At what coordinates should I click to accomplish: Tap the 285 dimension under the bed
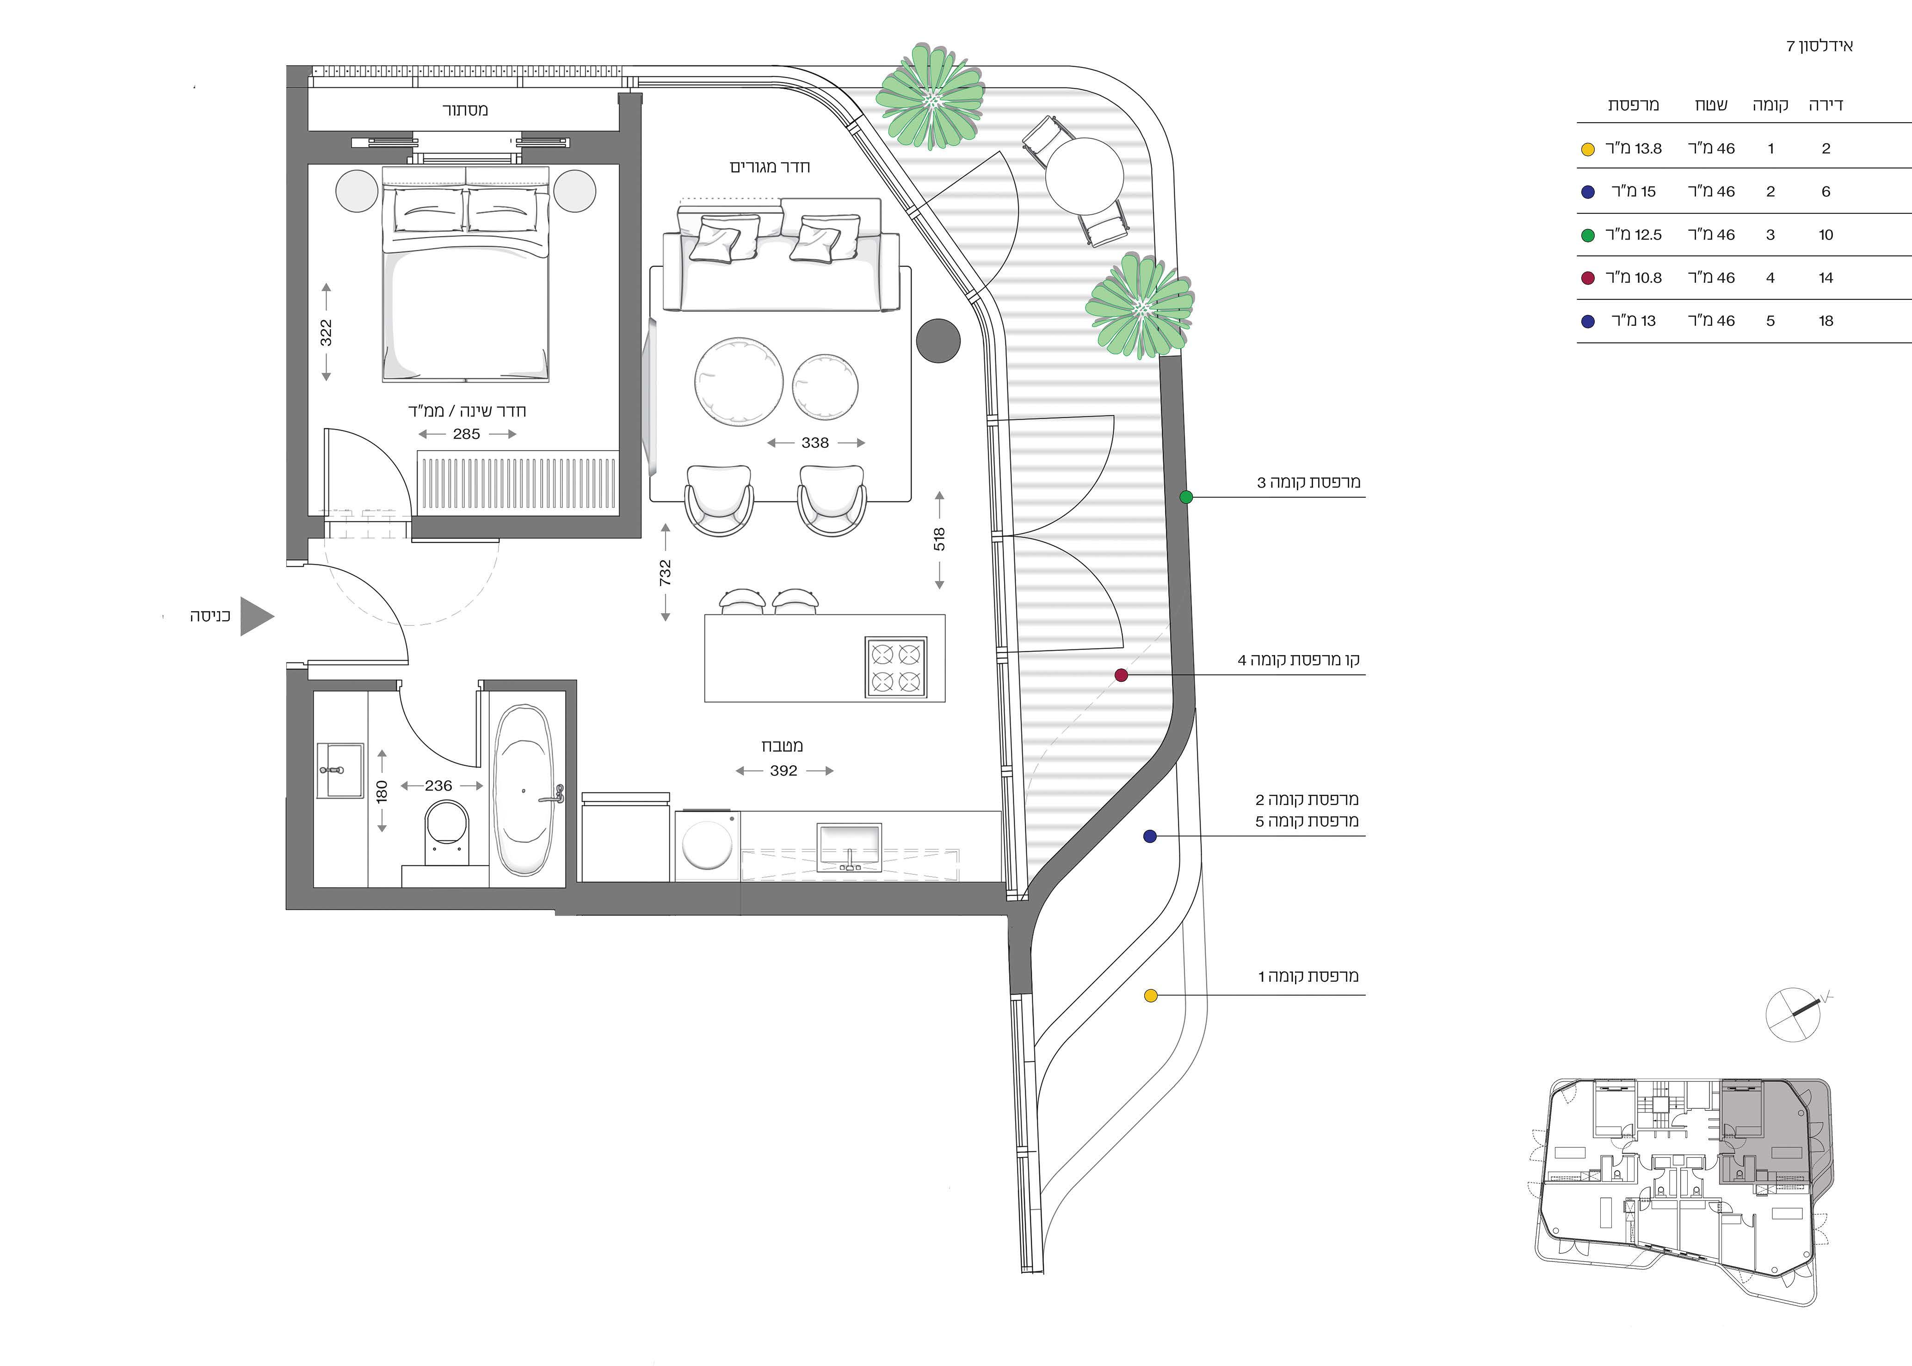click(x=467, y=434)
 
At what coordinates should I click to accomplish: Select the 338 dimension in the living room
click(x=815, y=442)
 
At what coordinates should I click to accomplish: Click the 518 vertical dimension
click(x=939, y=539)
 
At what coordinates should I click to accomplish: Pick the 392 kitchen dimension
click(x=783, y=771)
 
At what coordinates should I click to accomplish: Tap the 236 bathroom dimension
click(x=439, y=785)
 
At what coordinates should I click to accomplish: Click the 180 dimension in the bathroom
click(x=382, y=791)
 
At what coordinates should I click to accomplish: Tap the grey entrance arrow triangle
click(x=256, y=617)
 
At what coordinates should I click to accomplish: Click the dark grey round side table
click(x=937, y=340)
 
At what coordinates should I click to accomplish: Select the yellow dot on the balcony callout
click(x=1151, y=996)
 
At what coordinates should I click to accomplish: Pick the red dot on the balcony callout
click(x=1121, y=674)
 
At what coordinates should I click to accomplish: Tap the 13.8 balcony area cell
click(x=1634, y=149)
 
